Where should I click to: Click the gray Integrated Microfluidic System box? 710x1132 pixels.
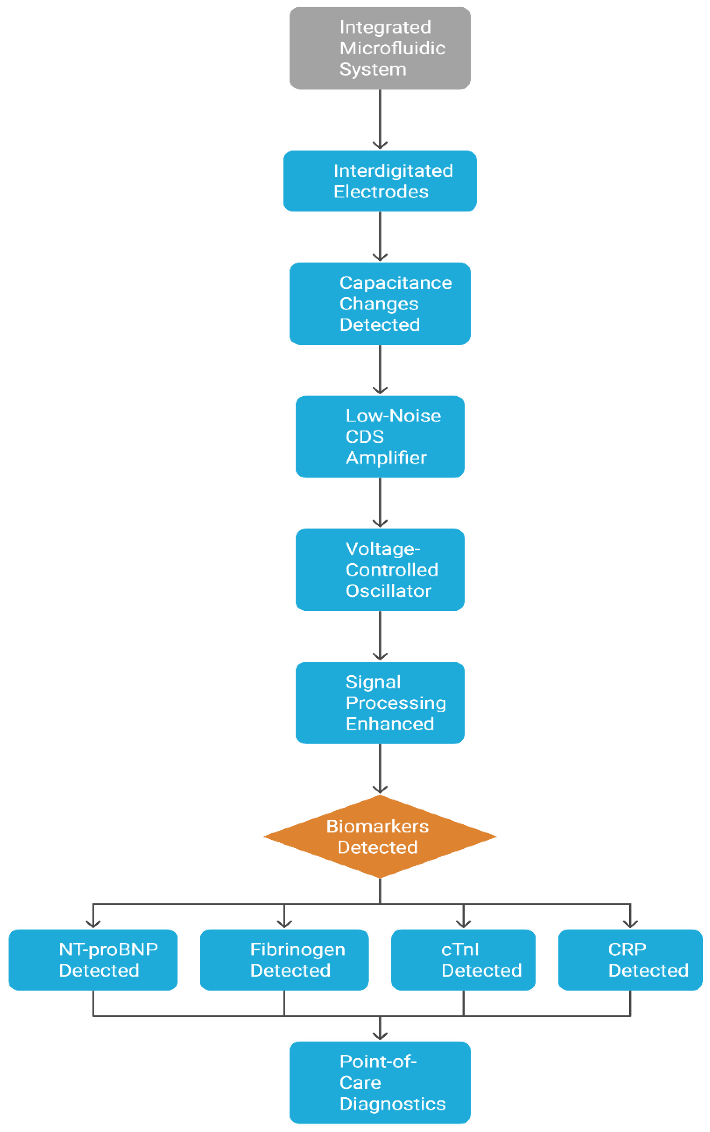(x=380, y=48)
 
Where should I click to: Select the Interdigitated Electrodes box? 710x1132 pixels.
(x=380, y=181)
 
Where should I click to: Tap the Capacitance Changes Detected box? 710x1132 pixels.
(x=380, y=304)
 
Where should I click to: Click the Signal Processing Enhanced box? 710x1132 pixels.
(x=380, y=703)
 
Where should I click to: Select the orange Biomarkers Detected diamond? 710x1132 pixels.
(x=380, y=837)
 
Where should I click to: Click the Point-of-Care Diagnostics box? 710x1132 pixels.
(x=380, y=1083)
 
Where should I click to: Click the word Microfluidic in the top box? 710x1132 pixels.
(x=393, y=48)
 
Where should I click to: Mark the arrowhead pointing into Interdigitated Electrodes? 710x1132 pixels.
(x=380, y=145)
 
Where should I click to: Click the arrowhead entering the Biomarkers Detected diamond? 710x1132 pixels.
(x=380, y=790)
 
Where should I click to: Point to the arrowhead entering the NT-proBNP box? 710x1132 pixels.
(x=93, y=924)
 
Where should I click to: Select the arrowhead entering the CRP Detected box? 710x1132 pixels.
(x=630, y=924)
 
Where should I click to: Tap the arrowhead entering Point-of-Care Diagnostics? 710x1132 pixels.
(x=380, y=1036)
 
